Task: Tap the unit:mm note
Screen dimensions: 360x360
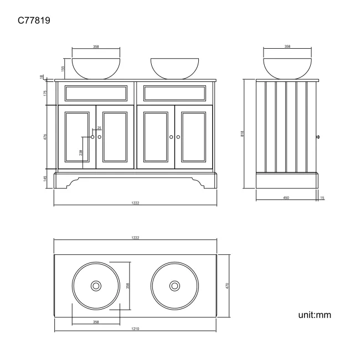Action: [x=315, y=315]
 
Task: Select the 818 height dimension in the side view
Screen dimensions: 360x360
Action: [x=243, y=133]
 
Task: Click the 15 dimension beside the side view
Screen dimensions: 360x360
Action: [x=322, y=197]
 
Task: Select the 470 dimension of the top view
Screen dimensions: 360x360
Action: [x=227, y=285]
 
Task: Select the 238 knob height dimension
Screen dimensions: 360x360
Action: [x=81, y=152]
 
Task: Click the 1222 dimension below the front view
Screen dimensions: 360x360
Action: [x=135, y=203]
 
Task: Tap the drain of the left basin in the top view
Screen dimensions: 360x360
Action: [x=96, y=285]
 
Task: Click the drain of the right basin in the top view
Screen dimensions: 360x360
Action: [x=174, y=285]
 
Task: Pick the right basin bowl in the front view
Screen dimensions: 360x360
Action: [x=174, y=68]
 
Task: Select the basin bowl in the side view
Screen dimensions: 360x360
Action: [x=287, y=68]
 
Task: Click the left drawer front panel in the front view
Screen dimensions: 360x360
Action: [x=97, y=93]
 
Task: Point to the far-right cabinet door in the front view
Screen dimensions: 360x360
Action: [x=194, y=136]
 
